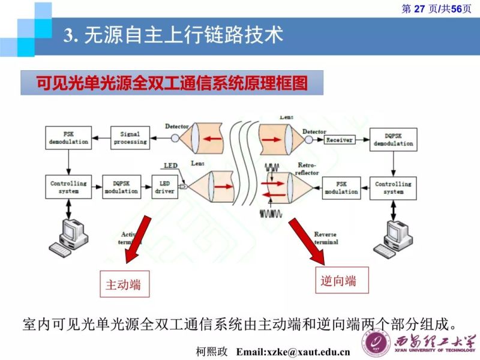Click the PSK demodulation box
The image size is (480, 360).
(x=69, y=138)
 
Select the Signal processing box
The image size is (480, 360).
(x=130, y=138)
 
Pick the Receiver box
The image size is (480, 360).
(x=339, y=140)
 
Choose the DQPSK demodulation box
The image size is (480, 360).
(x=393, y=140)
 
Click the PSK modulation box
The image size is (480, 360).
(x=341, y=188)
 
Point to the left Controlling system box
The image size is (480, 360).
(x=69, y=187)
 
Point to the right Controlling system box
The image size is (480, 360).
(x=393, y=188)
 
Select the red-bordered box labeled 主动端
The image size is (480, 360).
(x=124, y=284)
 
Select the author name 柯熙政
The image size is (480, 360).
(x=212, y=351)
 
